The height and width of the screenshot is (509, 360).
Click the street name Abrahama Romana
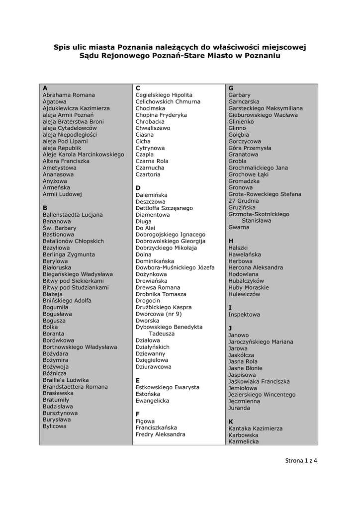(x=69, y=95)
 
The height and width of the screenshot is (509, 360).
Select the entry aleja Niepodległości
(x=70, y=135)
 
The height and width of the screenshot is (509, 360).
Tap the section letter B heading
(x=45, y=208)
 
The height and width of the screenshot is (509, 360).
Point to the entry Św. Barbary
(x=59, y=228)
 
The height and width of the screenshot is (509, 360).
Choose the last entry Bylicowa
(x=54, y=426)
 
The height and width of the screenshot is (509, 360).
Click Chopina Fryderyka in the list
(x=161, y=115)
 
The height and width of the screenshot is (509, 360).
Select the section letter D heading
(x=138, y=188)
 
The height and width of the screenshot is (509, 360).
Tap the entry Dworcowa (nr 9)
(x=159, y=314)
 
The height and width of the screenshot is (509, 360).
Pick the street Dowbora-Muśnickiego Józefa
(x=175, y=267)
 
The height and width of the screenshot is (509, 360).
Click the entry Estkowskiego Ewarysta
(x=167, y=387)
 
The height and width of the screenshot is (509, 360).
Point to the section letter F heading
(x=138, y=414)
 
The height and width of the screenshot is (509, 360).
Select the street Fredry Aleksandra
(x=160, y=434)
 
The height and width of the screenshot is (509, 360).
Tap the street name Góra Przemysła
(x=250, y=148)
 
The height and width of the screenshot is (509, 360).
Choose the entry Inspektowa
(x=244, y=315)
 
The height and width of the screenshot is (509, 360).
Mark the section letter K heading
(x=231, y=422)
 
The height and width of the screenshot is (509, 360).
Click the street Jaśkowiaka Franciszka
(x=259, y=381)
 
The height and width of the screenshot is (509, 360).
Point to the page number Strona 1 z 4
(x=301, y=460)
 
